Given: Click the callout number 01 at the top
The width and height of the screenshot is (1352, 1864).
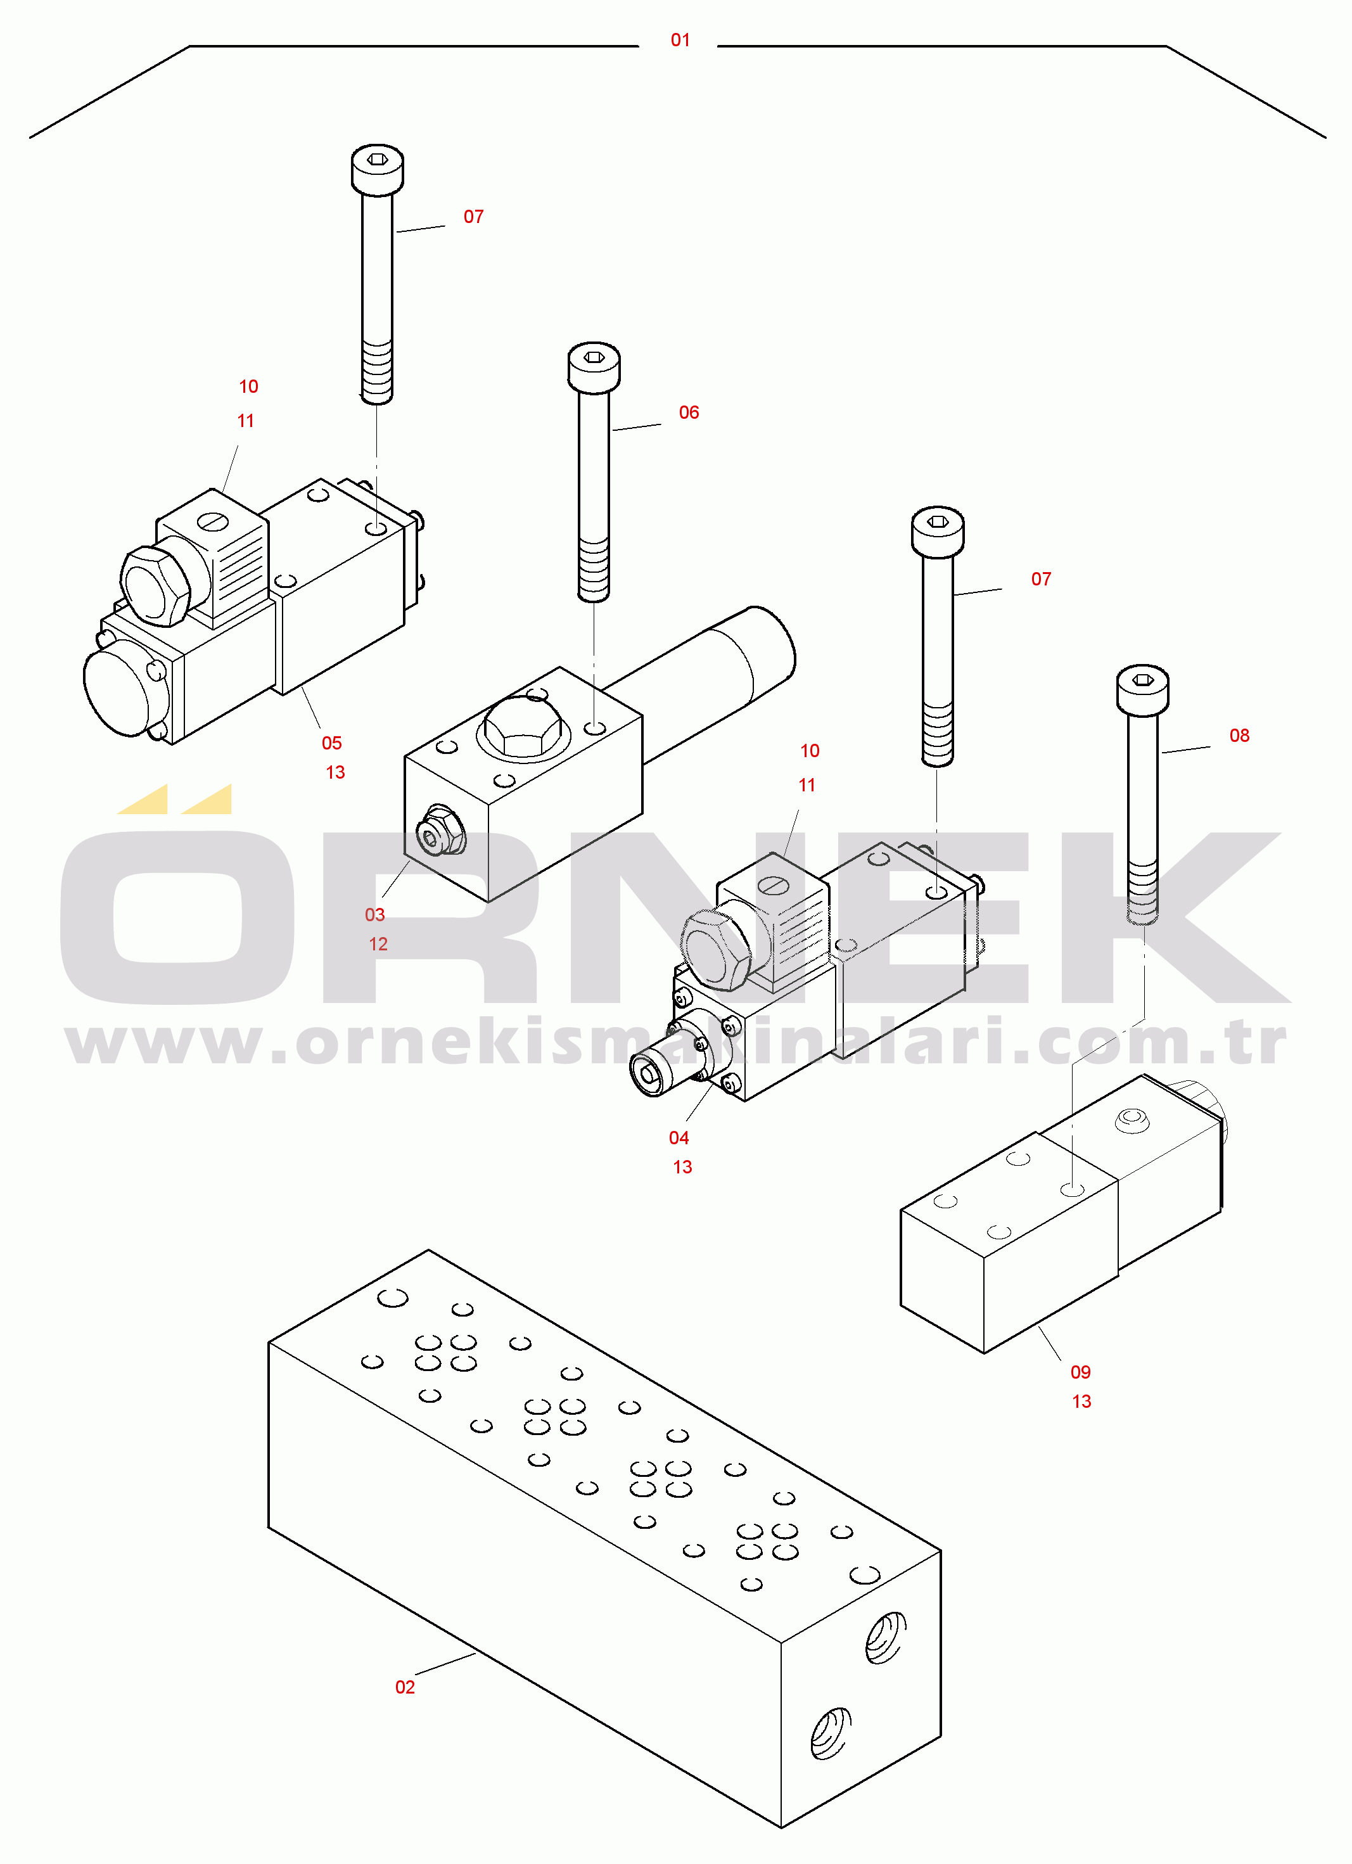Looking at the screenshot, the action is tap(680, 39).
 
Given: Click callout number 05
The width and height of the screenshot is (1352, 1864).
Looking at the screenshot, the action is tap(331, 743).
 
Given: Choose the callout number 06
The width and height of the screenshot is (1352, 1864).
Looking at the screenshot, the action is tap(689, 412).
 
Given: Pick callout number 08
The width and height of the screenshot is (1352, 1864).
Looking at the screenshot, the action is tap(1239, 736).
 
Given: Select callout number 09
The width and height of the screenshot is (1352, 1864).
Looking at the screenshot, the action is tap(1080, 1372).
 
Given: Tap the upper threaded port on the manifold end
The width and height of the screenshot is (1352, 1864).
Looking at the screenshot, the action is tap(885, 1637).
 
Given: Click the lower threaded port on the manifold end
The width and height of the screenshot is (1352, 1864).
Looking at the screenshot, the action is tap(831, 1733).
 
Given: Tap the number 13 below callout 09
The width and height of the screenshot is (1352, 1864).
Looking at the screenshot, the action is tap(1081, 1401).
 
